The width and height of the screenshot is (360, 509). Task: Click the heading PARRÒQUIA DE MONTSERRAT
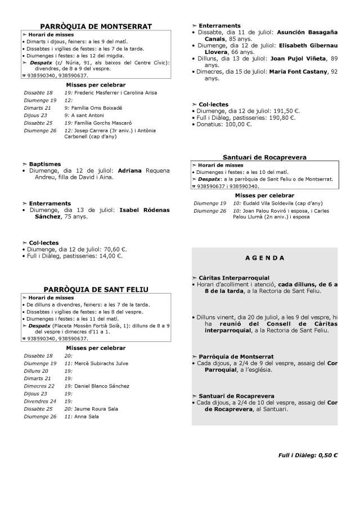(x=96, y=26)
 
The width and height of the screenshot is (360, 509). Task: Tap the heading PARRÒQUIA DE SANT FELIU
(x=96, y=289)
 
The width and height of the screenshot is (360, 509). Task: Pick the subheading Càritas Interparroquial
(x=234, y=278)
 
